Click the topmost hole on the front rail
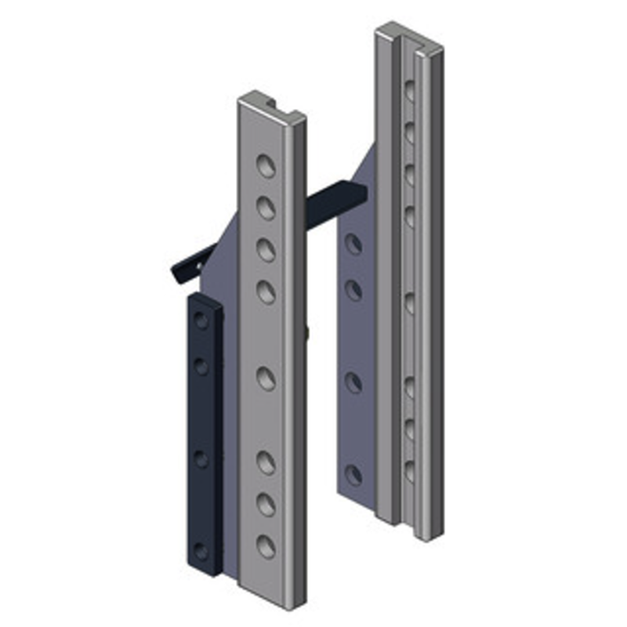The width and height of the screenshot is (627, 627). [x=266, y=165]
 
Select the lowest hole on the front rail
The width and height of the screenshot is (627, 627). [x=266, y=546]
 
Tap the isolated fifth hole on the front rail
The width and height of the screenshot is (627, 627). [x=266, y=379]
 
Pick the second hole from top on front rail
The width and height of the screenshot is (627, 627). [x=266, y=208]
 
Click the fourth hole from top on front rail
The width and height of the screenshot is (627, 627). [x=266, y=292]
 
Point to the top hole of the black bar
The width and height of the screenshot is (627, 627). [x=202, y=320]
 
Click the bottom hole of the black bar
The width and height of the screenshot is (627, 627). [x=201, y=551]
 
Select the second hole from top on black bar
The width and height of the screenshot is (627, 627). [x=202, y=365]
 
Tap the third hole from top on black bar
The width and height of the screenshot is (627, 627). [x=202, y=459]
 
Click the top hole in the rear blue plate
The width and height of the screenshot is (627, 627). [x=353, y=245]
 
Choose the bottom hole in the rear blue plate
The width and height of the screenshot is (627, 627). [x=353, y=475]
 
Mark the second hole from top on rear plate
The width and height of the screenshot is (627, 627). [x=353, y=291]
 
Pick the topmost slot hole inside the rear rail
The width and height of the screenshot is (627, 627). [x=408, y=91]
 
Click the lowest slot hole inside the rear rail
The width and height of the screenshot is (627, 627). [x=408, y=471]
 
